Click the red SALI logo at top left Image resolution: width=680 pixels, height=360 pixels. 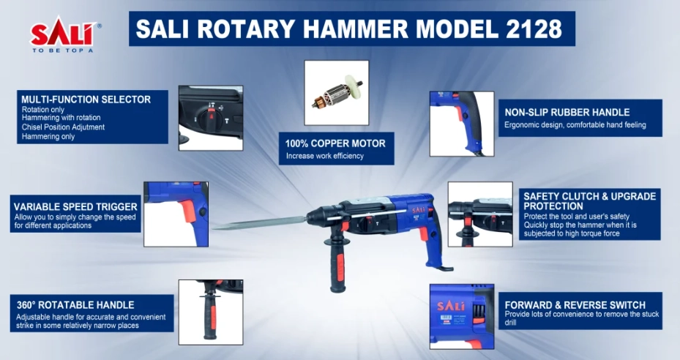tap(64, 33)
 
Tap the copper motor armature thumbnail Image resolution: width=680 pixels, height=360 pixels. tap(337, 93)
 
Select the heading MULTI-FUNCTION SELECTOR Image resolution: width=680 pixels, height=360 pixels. tap(86, 100)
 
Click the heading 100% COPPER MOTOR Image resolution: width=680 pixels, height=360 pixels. tap(335, 143)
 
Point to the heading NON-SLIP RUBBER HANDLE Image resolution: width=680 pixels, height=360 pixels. tap(567, 113)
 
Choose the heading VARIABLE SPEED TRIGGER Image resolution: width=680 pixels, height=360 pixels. tap(75, 207)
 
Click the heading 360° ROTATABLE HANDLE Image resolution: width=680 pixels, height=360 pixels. tap(75, 305)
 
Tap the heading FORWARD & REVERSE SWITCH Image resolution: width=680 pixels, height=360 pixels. tap(575, 305)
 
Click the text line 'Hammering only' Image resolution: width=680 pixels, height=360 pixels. tap(48, 137)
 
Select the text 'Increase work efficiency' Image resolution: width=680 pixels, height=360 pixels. tap(324, 156)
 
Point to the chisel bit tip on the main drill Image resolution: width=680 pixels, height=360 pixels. tap(212, 228)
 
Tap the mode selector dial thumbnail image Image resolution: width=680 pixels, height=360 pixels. tap(211, 118)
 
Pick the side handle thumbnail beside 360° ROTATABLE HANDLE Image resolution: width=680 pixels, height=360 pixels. tap(211, 312)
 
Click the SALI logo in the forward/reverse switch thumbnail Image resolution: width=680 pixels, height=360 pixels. tap(451, 306)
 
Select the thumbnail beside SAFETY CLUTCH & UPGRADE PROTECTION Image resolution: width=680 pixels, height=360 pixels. tap(480, 214)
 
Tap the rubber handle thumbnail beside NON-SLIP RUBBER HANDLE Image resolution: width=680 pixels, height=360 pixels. tap(462, 124)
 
